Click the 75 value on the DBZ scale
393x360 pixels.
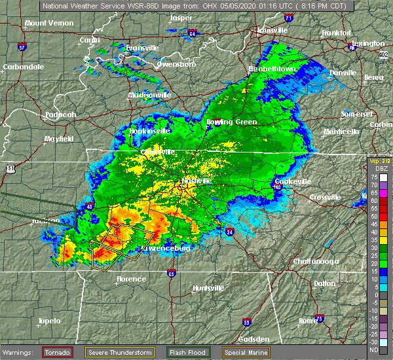tap(375, 177)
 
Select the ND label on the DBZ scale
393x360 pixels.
tap(375, 350)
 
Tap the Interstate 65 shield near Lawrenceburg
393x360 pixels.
tap(172, 274)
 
